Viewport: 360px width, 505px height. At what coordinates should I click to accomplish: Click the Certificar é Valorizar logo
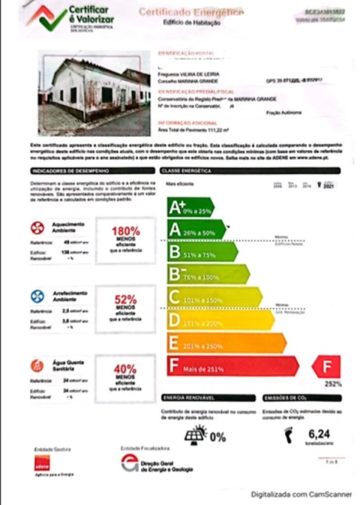pyautogui.click(x=71, y=19)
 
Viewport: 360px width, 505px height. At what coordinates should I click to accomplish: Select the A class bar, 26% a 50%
pyautogui.click(x=196, y=230)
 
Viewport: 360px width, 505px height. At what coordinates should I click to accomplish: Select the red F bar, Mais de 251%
pyautogui.click(x=232, y=367)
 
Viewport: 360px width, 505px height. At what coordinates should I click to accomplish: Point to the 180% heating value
pyautogui.click(x=125, y=231)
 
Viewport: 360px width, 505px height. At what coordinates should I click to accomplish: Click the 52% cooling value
pyautogui.click(x=125, y=299)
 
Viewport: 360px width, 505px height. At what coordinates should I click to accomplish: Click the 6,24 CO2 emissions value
pyautogui.click(x=319, y=433)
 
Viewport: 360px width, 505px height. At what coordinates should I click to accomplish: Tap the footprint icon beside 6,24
pyautogui.click(x=288, y=434)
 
